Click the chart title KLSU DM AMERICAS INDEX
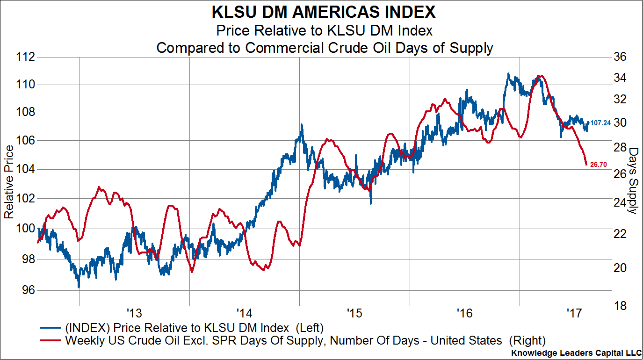coord(324,11)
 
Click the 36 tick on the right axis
coord(617,58)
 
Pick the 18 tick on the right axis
coord(617,306)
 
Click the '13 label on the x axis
coord(134,312)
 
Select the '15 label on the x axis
coord(354,312)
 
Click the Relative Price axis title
coord(8,181)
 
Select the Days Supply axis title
coord(634,181)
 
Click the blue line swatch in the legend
coord(51,327)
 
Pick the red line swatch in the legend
coord(51,340)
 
